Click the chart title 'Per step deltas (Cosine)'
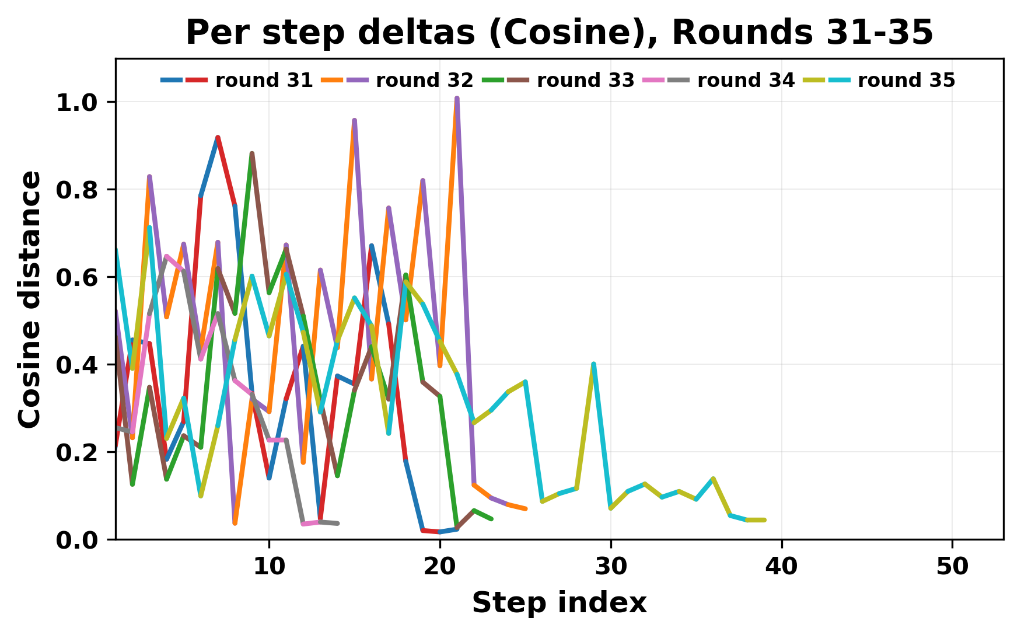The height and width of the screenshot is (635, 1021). tap(559, 33)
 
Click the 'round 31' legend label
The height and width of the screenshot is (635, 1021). tap(264, 81)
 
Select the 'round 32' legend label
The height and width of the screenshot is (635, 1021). tap(424, 81)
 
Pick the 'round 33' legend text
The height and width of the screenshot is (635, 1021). tap(585, 81)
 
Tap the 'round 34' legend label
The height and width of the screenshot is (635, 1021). tap(746, 81)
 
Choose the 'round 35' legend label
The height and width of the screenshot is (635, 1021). tap(906, 81)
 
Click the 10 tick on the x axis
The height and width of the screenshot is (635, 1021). tap(269, 566)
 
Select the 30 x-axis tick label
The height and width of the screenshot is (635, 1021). tap(610, 566)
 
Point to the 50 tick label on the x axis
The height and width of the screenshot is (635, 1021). tap(952, 566)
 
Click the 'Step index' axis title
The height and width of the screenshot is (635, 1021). tap(559, 603)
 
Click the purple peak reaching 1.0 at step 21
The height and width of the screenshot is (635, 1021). tap(457, 99)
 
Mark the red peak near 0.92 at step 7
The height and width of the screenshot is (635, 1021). tap(218, 138)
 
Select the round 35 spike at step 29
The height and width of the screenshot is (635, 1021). tap(593, 364)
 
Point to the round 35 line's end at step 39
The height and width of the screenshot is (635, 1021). tap(764, 519)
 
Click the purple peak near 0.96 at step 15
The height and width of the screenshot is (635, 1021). tap(354, 120)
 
